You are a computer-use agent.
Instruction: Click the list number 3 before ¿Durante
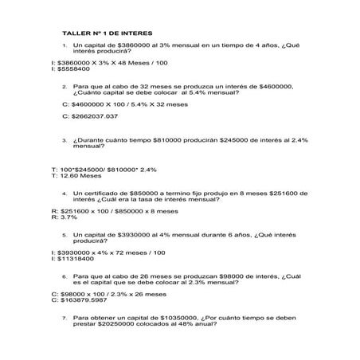coord(64,141)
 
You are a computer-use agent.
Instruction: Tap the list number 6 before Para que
coord(64,276)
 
